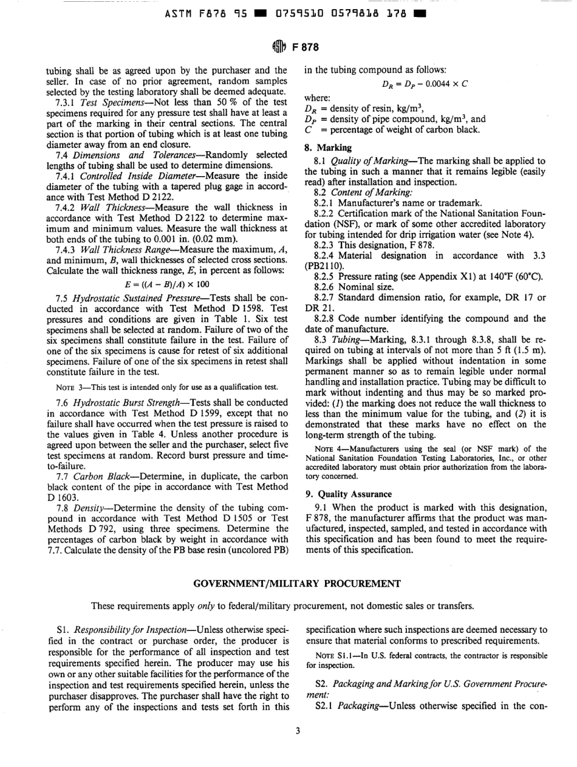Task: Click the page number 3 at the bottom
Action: (x=298, y=748)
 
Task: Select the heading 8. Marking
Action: (x=327, y=147)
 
